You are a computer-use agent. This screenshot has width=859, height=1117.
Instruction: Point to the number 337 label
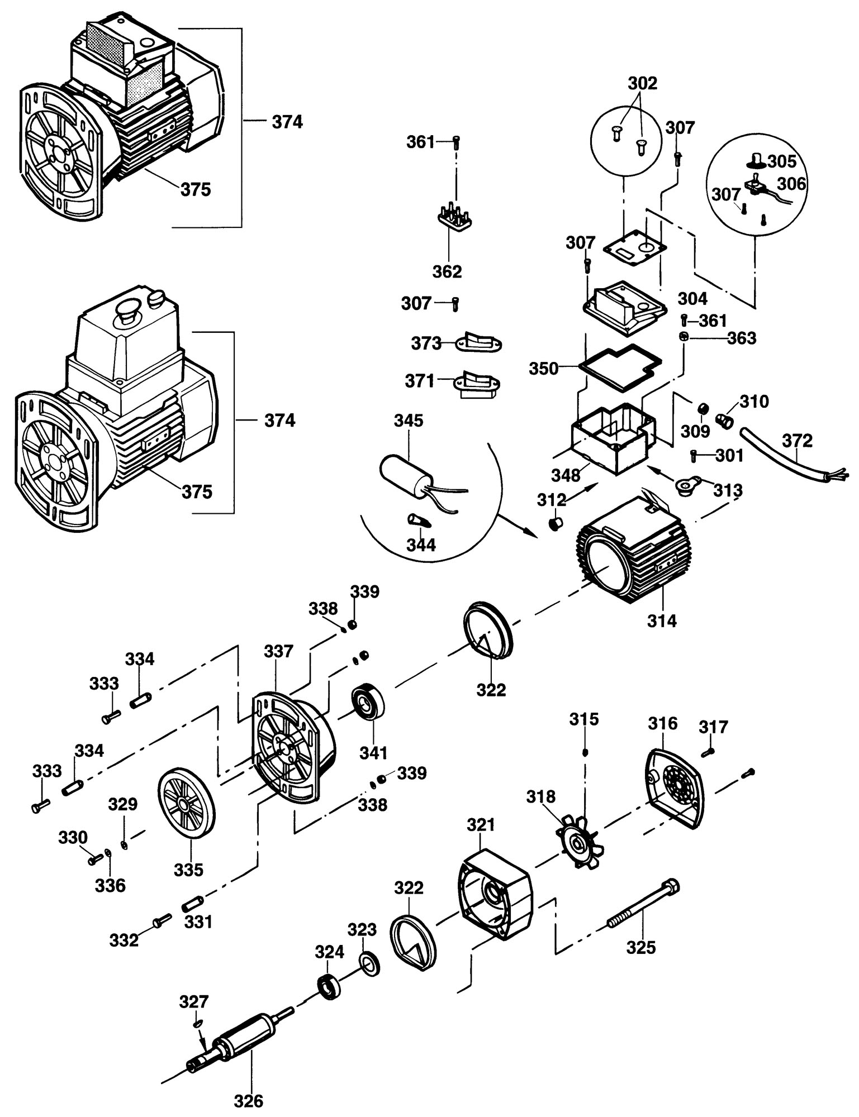(278, 651)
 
